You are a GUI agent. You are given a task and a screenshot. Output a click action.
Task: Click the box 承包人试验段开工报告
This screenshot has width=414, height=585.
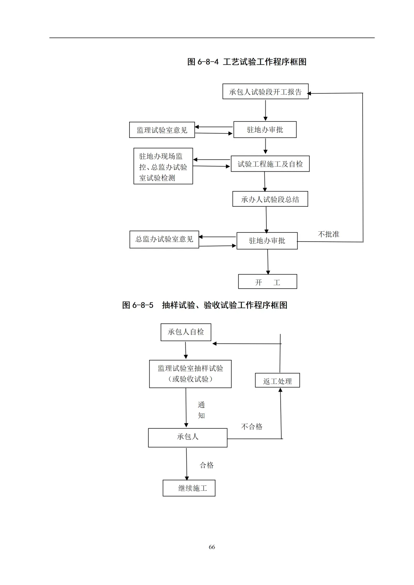click(265, 92)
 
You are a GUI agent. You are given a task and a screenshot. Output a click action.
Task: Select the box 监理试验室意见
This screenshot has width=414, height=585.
click(162, 130)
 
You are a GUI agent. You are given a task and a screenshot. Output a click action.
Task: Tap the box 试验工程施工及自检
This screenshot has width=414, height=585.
click(270, 164)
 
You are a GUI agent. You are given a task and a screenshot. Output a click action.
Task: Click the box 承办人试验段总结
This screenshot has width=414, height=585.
click(270, 199)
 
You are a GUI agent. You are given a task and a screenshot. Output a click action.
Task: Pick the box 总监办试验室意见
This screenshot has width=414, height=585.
click(164, 239)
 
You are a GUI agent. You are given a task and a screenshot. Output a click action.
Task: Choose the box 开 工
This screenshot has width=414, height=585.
click(268, 282)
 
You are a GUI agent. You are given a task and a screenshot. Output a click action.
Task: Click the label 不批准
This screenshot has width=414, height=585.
click(329, 234)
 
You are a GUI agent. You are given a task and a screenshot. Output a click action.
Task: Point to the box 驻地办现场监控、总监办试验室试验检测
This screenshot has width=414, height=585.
click(163, 167)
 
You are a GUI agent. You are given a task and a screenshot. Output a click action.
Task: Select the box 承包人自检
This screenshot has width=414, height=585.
click(186, 332)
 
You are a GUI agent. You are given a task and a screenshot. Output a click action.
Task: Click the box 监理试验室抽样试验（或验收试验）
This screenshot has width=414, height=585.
click(190, 374)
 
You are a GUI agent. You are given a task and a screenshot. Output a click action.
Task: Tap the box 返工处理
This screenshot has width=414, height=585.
click(277, 381)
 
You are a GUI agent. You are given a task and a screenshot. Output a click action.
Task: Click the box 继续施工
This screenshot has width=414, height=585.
click(189, 488)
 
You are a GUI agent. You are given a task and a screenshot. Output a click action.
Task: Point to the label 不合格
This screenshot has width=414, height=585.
click(251, 426)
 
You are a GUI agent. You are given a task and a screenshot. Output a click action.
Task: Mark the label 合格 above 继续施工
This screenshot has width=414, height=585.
click(207, 465)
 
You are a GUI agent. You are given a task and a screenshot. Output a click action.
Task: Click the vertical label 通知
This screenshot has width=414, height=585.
click(201, 410)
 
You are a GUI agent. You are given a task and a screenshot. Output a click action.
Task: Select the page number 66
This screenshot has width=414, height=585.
click(212, 547)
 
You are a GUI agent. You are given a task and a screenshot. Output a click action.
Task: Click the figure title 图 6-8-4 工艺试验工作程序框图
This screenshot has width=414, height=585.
click(246, 62)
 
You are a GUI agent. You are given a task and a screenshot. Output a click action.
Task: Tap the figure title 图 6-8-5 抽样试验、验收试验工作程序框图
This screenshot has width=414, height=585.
click(205, 305)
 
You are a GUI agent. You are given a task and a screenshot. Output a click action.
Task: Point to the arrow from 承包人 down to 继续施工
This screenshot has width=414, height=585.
click(187, 464)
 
